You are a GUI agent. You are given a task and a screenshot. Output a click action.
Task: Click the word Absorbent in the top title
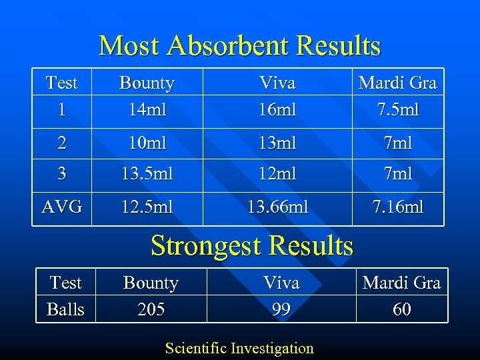(229, 46)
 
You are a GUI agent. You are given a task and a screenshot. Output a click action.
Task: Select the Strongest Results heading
(252, 246)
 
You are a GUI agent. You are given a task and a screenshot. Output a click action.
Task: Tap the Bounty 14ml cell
(147, 96)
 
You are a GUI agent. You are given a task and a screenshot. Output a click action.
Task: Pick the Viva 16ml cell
(277, 96)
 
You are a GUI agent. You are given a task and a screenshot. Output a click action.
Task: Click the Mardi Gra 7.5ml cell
(397, 96)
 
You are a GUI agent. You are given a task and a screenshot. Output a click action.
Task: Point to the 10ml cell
(147, 143)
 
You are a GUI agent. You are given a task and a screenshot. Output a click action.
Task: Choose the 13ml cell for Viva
(277, 143)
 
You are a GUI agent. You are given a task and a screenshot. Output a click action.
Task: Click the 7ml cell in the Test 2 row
(397, 143)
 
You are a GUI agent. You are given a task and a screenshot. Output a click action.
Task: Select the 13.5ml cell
(147, 174)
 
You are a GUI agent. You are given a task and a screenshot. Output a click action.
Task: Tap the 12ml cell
(277, 174)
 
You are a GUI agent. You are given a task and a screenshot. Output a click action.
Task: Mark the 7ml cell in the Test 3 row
(397, 174)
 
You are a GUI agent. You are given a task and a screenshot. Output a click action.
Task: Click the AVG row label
(62, 207)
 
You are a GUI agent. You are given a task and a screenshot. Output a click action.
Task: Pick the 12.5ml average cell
(147, 207)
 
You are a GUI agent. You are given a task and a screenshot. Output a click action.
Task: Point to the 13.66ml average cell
(277, 207)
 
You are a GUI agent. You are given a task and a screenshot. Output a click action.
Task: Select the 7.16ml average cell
(397, 207)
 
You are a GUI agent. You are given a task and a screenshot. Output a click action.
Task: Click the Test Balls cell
(65, 296)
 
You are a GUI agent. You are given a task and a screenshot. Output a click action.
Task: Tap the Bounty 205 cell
(151, 296)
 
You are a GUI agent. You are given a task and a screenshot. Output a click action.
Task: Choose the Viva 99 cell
(281, 296)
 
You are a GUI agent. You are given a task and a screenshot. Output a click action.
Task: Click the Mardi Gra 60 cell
(401, 296)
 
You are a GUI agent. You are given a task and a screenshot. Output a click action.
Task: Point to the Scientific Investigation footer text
(239, 348)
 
